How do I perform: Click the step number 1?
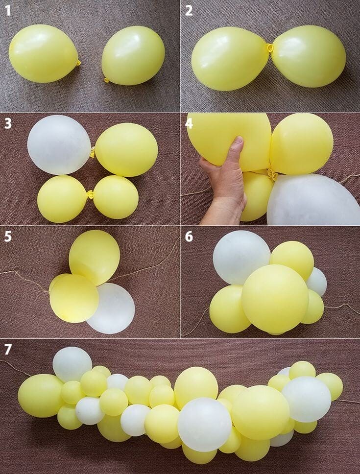click(8, 11)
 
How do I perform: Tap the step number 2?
click(189, 11)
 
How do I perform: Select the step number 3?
click(8, 123)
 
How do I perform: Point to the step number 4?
click(189, 123)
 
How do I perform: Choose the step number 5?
click(8, 237)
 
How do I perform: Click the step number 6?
click(189, 237)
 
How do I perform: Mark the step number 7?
click(8, 350)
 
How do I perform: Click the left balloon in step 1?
click(43, 53)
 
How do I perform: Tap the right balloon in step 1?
click(133, 55)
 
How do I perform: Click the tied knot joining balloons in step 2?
click(269, 48)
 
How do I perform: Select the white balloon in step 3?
click(58, 144)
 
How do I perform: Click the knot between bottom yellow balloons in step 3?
click(90, 195)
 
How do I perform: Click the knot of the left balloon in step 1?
click(78, 63)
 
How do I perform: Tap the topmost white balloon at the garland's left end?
click(72, 364)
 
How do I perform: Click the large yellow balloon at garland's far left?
click(40, 395)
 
